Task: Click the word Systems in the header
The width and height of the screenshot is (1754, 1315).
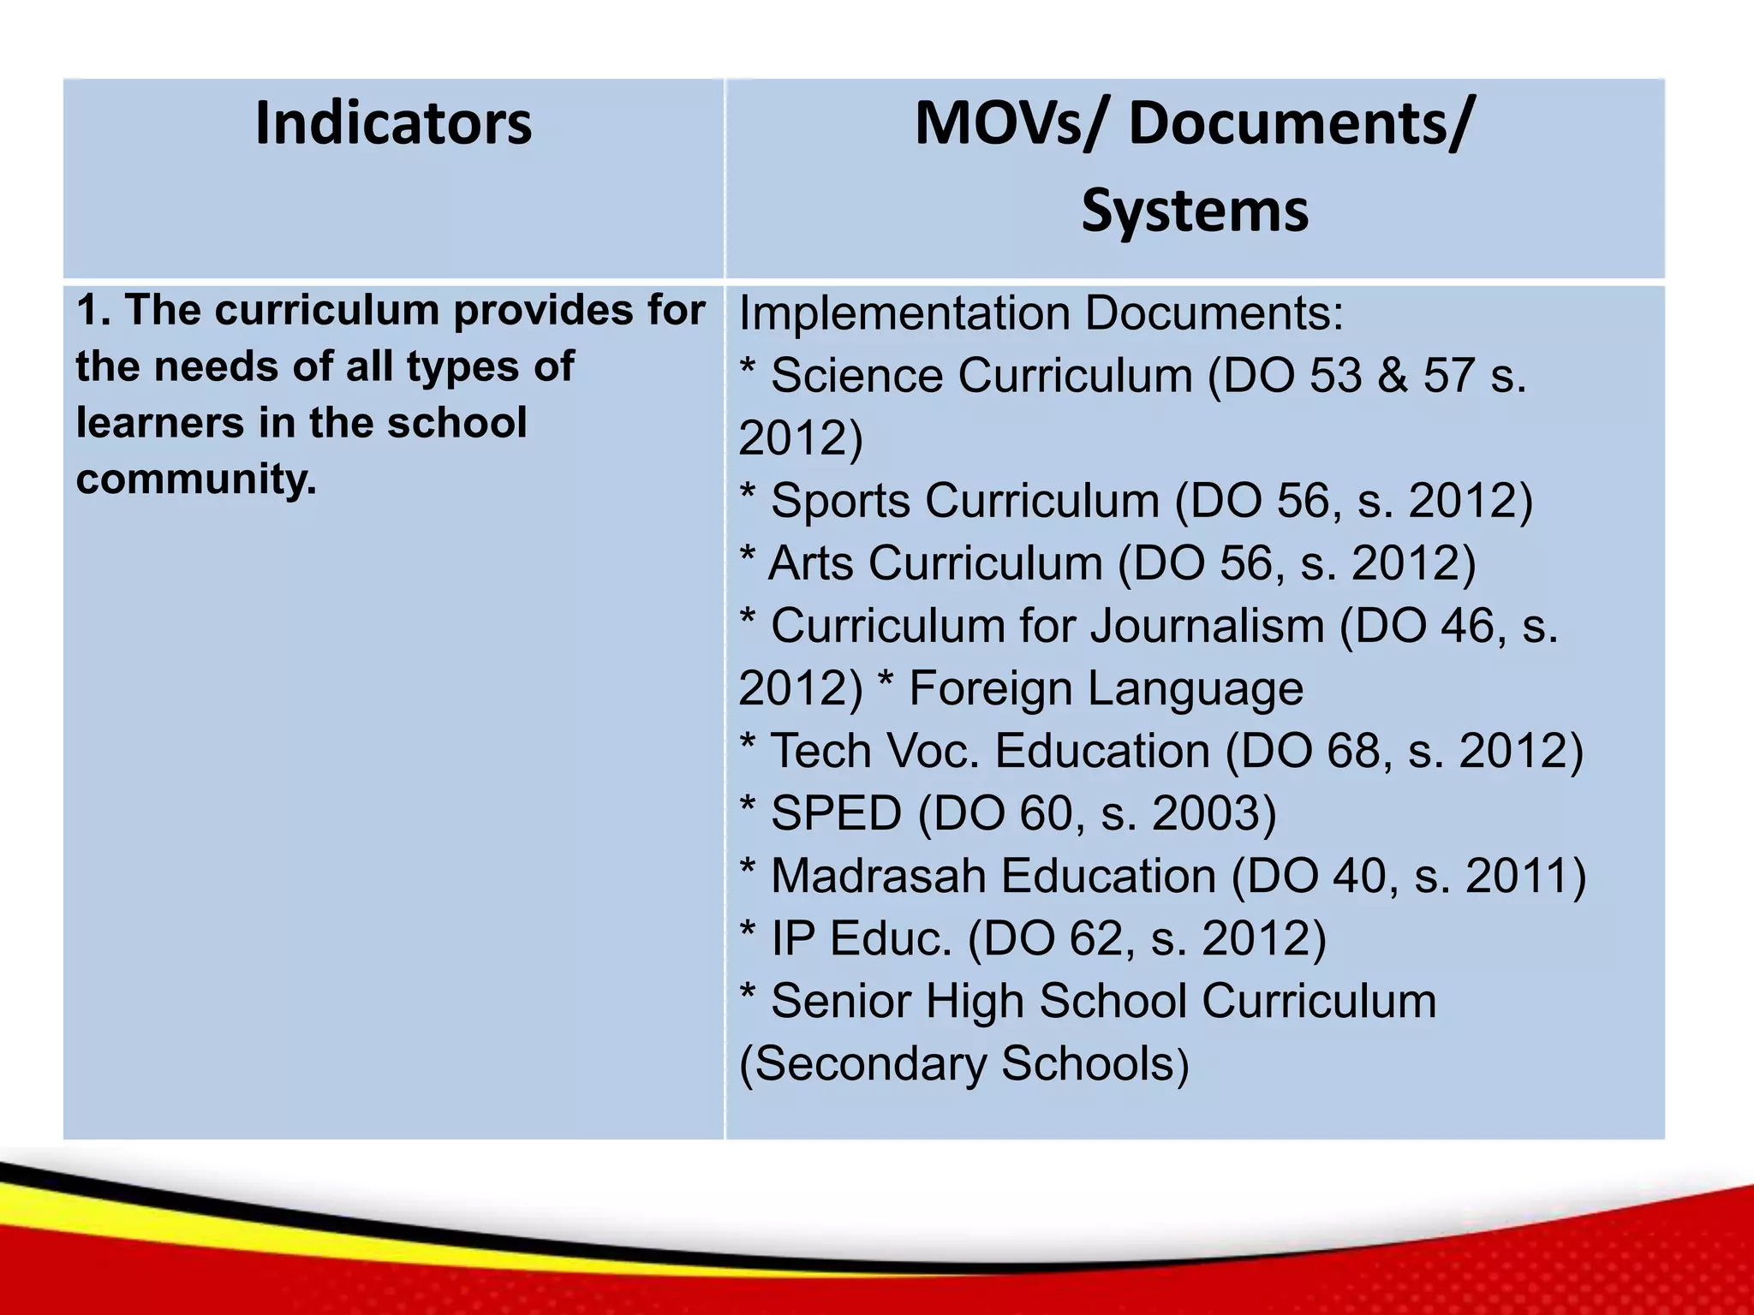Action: pos(1195,211)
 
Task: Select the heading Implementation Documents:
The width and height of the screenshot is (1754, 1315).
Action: pos(1041,313)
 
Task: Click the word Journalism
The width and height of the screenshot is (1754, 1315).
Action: pos(1207,626)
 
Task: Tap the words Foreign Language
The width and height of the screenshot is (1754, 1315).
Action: pos(1106,688)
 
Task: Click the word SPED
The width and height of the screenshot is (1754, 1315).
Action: pos(836,813)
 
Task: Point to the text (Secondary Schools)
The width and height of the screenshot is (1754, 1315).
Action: pos(964,1064)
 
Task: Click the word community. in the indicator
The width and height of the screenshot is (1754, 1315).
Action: pos(196,479)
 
